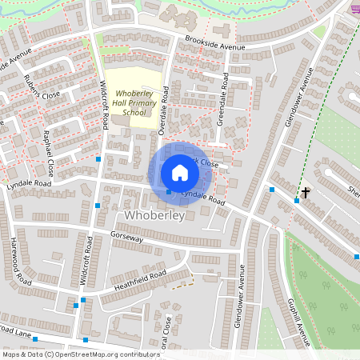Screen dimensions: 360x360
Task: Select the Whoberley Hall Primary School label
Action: pos(134,103)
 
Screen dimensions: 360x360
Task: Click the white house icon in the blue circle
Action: pos(180,172)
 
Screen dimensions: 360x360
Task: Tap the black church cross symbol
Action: pos(305,193)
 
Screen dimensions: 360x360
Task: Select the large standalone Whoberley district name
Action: pos(155,216)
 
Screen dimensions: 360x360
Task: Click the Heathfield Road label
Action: pos(139,278)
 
